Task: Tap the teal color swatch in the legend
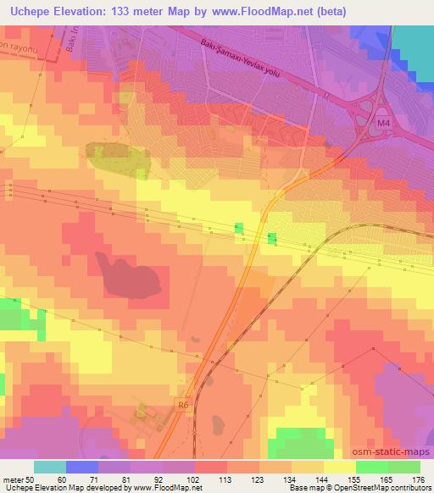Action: point(50,468)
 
